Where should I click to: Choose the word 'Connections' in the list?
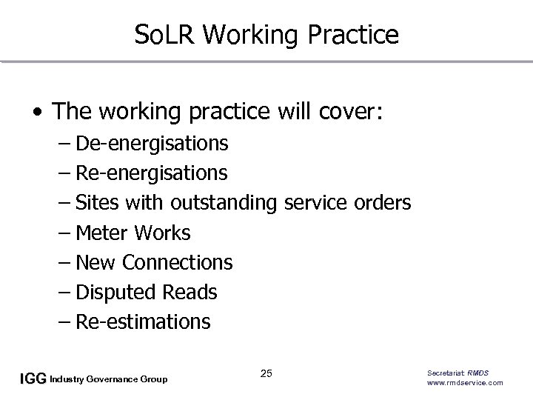tap(177, 262)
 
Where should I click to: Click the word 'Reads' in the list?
tap(189, 293)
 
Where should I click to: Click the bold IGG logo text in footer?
tap(33, 379)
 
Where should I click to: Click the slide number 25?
tap(266, 373)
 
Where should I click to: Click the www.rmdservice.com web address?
tap(465, 383)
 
